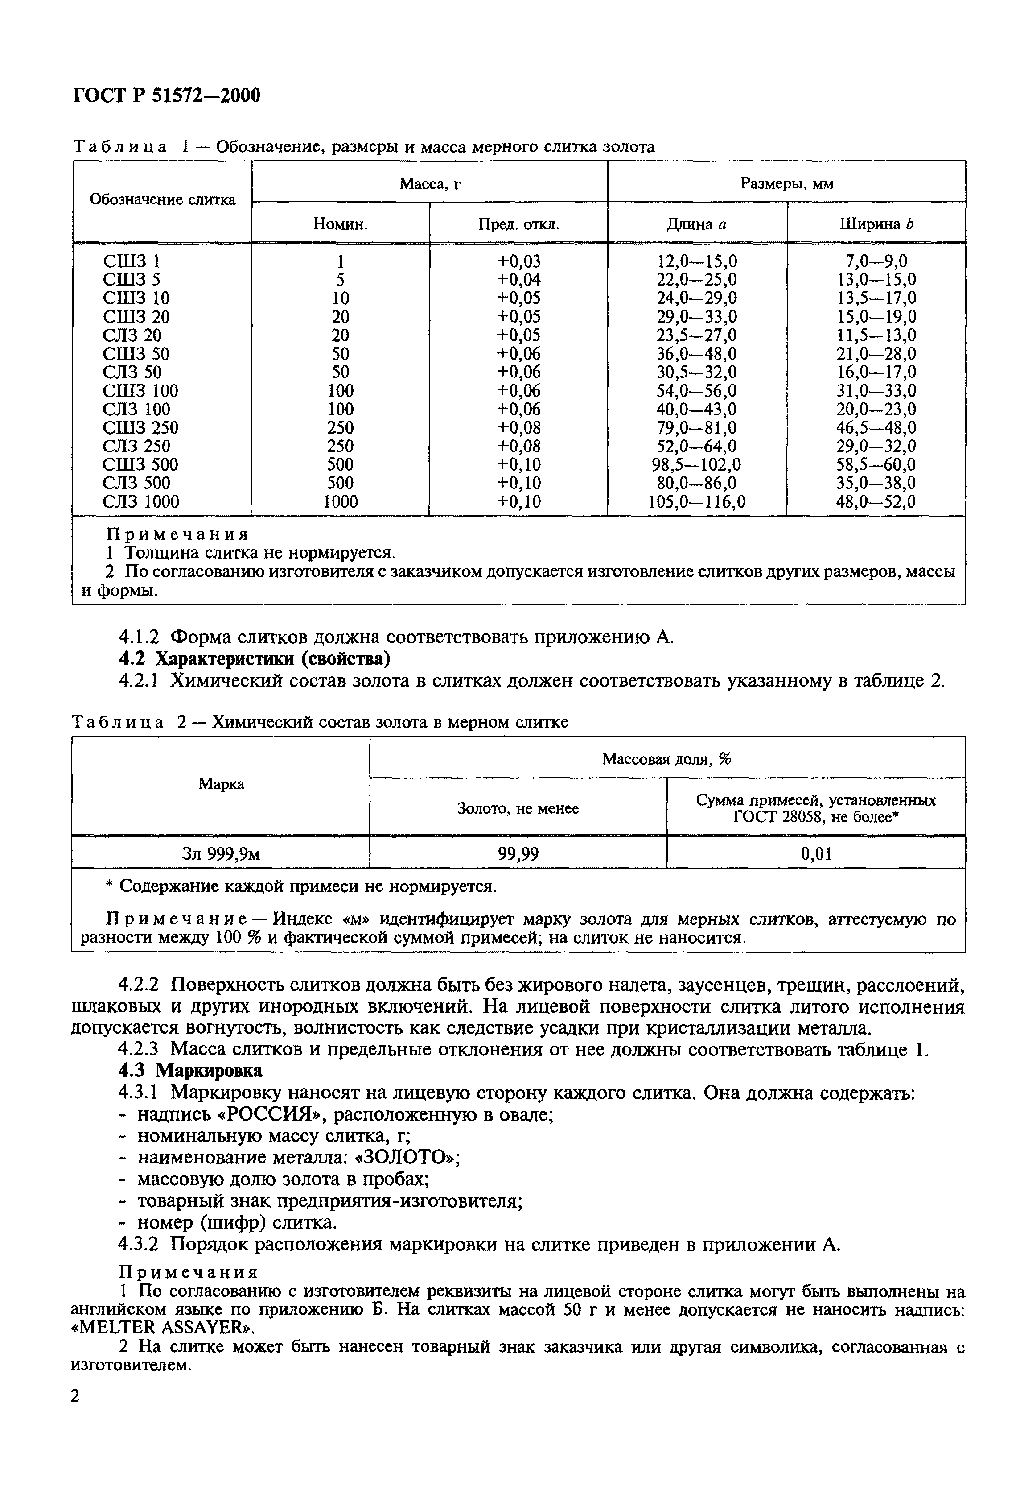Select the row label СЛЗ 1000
141,501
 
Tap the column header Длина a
696,224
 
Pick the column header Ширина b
876,224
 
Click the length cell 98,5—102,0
696,464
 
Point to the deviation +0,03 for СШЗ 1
518,261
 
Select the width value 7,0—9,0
876,261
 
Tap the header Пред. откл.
518,224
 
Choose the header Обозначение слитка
162,199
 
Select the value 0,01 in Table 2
816,853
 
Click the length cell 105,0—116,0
696,501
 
